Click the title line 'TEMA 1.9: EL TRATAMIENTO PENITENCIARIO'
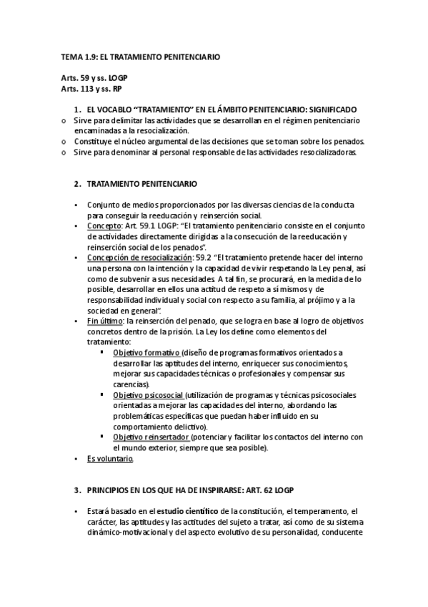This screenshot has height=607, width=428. (139, 55)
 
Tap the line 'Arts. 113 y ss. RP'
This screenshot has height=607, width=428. (92, 88)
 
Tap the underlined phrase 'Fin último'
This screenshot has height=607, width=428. (103, 321)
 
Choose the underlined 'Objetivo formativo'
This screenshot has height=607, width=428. (146, 353)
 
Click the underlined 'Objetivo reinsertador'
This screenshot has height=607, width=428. (151, 437)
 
